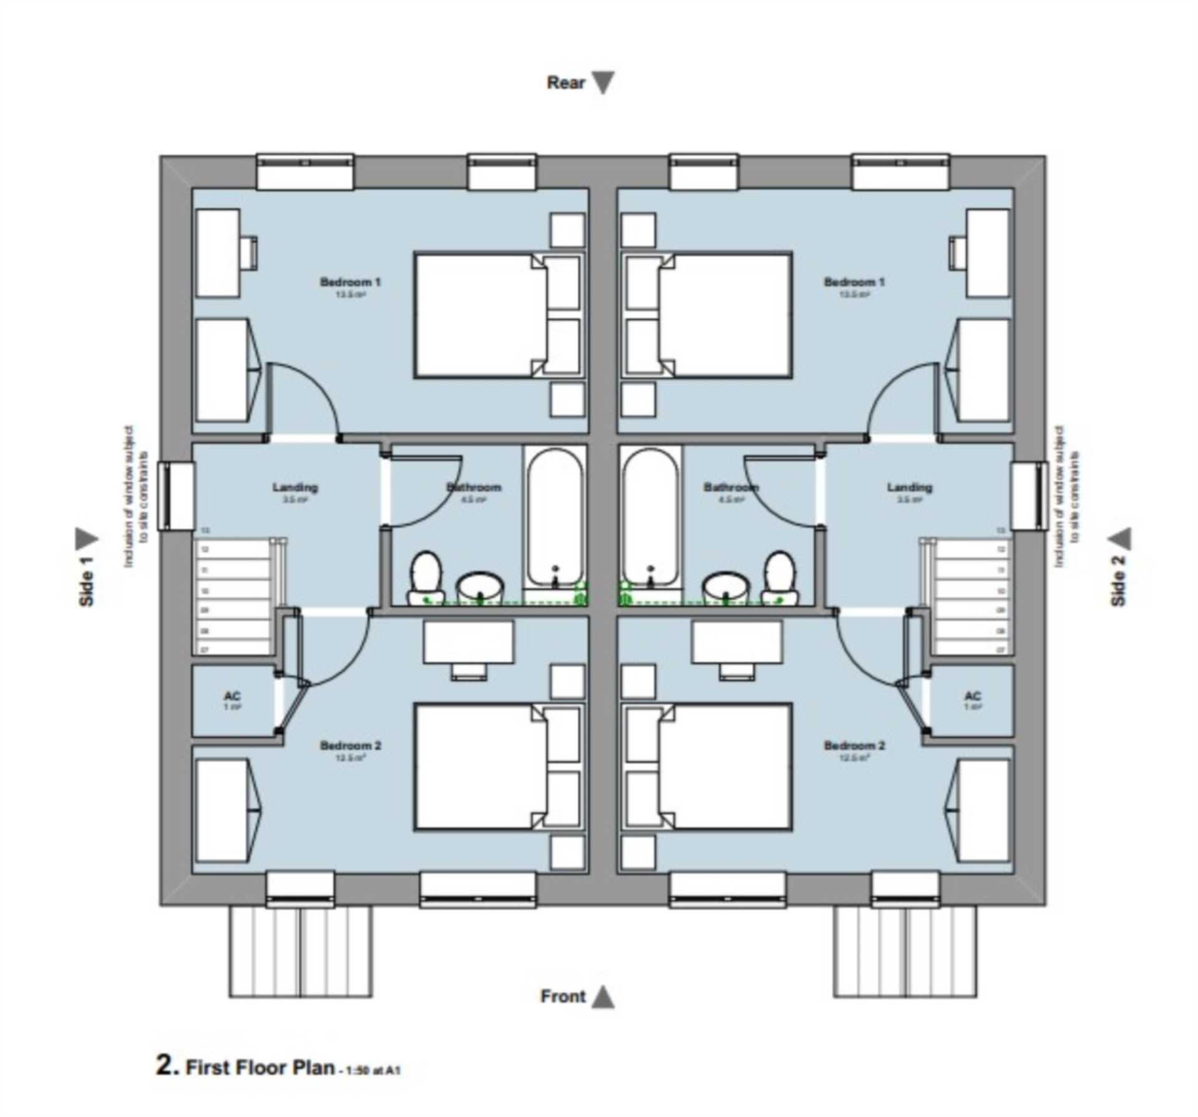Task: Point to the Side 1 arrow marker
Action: (86, 539)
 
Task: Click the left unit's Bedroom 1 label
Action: (350, 282)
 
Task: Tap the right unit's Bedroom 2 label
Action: (854, 745)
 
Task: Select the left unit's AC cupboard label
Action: (232, 696)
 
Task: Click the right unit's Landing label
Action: (909, 488)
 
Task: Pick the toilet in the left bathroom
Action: (426, 577)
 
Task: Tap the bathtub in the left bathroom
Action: (555, 518)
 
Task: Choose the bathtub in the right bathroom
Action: (650, 518)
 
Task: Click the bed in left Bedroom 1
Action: (480, 315)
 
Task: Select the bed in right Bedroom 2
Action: (724, 767)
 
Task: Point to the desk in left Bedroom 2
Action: (469, 643)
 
